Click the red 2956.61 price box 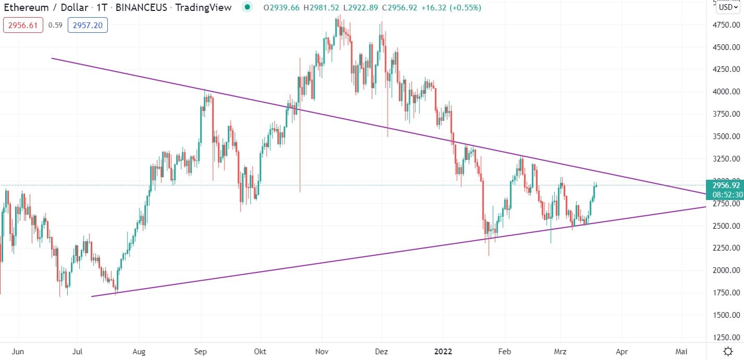click(x=23, y=25)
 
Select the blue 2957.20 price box click(x=88, y=25)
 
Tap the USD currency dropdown click(x=728, y=8)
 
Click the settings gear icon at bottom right click(x=728, y=351)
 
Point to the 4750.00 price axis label click(x=726, y=25)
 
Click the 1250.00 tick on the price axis click(x=726, y=337)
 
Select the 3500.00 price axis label click(x=726, y=136)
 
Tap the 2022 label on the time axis click(x=443, y=351)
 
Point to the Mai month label click(x=681, y=351)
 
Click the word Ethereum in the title click(x=26, y=8)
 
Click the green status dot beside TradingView click(x=247, y=8)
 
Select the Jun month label click(x=18, y=351)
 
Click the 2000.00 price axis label click(x=726, y=270)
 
